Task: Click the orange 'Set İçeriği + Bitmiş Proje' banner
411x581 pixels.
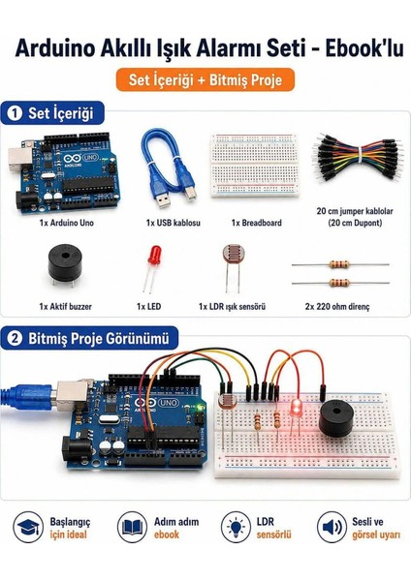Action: pyautogui.click(x=205, y=79)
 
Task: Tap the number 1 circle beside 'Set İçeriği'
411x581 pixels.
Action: pyautogui.click(x=15, y=113)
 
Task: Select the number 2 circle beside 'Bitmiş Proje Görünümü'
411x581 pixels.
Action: pyautogui.click(x=15, y=338)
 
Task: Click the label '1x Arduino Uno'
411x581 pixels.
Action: pyautogui.click(x=66, y=223)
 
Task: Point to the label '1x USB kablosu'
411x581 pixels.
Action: pyautogui.click(x=174, y=223)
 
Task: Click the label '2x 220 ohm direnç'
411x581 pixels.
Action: pyautogui.click(x=337, y=306)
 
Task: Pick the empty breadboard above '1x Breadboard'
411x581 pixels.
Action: pyautogui.click(x=255, y=166)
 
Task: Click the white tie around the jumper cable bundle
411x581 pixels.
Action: pyautogui.click(x=360, y=156)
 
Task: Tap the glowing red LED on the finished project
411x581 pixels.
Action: pyautogui.click(x=296, y=409)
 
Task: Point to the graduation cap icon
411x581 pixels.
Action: pyautogui.click(x=28, y=527)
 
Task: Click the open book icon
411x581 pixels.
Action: pyautogui.click(x=132, y=527)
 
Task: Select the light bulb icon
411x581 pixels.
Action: pyautogui.click(x=236, y=527)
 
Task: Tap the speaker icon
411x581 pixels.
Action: pyautogui.click(x=332, y=527)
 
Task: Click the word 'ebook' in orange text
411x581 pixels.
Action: pyautogui.click(x=167, y=535)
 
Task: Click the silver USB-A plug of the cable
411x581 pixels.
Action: pyautogui.click(x=163, y=199)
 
